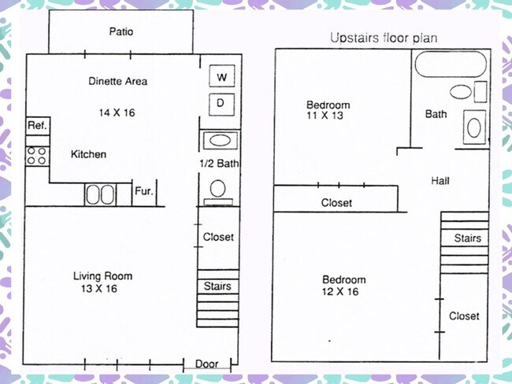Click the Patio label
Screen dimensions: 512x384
coord(121,31)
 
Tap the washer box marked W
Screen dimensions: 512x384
coord(222,76)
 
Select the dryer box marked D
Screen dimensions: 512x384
coord(221,105)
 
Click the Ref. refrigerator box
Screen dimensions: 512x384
coord(38,126)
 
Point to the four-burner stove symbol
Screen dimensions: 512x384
coord(37,156)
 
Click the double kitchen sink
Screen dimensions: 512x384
coord(100,194)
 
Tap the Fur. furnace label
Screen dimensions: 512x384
coord(144,191)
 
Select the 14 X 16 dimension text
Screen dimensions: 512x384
coord(117,113)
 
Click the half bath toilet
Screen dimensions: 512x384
coord(217,192)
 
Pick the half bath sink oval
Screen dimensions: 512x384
coord(220,141)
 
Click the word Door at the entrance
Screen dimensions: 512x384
coord(206,364)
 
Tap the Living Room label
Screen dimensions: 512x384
coord(103,276)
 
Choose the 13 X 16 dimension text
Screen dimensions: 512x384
coord(99,289)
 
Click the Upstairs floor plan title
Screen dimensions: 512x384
coord(384,39)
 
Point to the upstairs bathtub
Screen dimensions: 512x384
coord(451,64)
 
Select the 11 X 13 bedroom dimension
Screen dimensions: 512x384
coord(325,115)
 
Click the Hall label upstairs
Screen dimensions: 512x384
coord(440,181)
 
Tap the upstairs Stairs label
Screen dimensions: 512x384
coord(468,238)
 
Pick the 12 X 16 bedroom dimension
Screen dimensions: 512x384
coord(340,291)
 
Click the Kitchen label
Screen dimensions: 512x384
coord(88,154)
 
